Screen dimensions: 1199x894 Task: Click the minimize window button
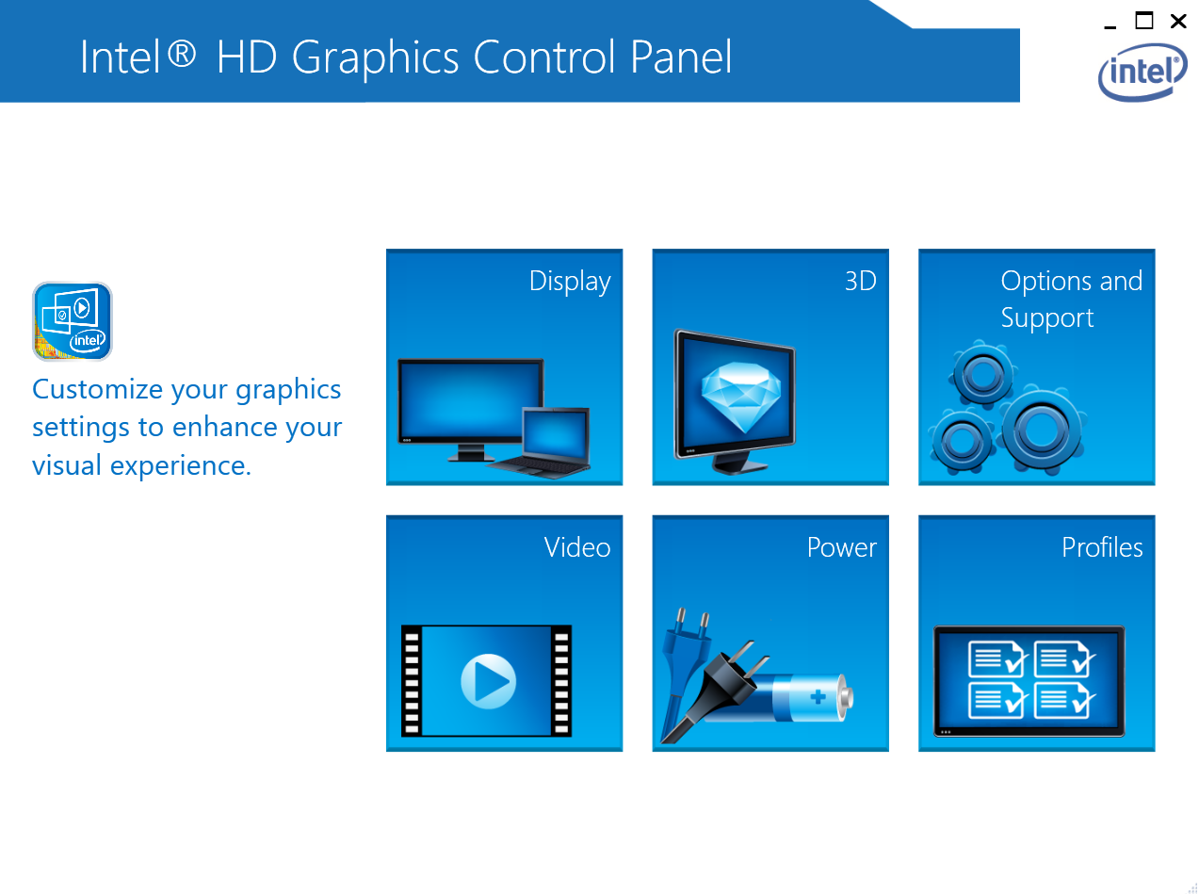[x=1109, y=26]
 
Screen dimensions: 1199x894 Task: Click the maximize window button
[x=1143, y=21]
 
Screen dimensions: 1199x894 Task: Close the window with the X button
[x=1177, y=22]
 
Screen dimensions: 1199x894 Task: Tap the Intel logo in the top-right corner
[x=1142, y=73]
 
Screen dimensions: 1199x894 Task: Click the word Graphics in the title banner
[x=375, y=58]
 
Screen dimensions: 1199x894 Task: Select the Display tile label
[x=569, y=282]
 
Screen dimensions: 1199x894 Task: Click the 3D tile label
[x=860, y=281]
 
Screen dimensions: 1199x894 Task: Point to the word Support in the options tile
[x=1046, y=318]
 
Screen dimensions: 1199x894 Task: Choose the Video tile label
[x=576, y=546]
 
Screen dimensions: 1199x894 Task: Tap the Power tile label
[x=841, y=546]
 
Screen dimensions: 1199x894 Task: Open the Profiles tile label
[x=1101, y=546]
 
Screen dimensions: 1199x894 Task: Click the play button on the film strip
[x=488, y=680]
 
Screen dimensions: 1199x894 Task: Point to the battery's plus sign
[x=818, y=696]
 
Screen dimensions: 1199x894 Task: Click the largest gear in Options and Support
[x=1042, y=429]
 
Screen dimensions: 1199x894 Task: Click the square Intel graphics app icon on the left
[x=73, y=321]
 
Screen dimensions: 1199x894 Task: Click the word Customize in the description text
[x=97, y=389]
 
